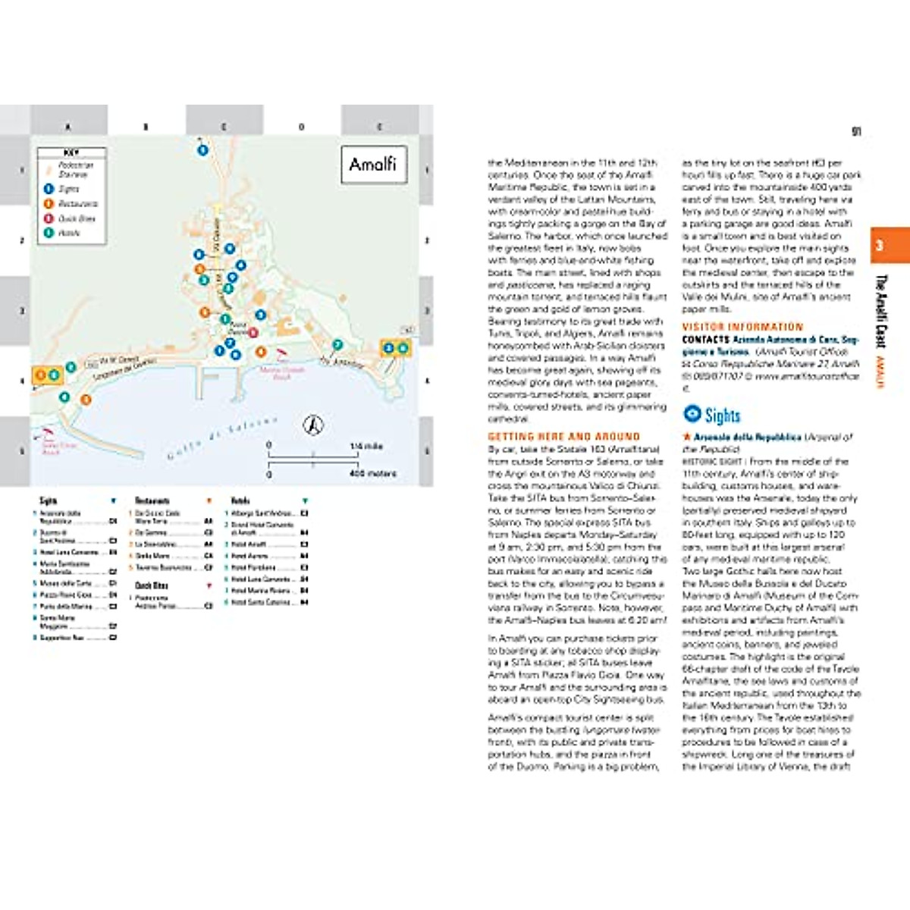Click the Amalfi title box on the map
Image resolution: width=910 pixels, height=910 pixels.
[373, 164]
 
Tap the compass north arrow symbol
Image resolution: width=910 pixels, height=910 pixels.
[313, 425]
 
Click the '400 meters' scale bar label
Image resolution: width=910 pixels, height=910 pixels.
[372, 474]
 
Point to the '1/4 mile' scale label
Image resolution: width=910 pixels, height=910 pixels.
[366, 447]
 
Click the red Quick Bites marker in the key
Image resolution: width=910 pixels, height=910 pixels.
[49, 218]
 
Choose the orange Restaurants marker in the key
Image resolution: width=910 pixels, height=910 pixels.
[49, 203]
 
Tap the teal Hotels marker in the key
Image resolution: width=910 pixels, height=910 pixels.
[49, 233]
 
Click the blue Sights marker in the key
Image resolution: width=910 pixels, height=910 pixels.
[49, 189]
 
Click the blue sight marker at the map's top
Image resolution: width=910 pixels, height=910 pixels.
[202, 150]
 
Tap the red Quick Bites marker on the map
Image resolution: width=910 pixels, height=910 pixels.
[253, 332]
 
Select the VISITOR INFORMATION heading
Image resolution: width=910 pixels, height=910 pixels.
[742, 327]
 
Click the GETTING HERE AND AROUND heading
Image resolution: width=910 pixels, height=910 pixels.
[563, 437]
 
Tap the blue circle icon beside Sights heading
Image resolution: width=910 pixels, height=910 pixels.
[692, 414]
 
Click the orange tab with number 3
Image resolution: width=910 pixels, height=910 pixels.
[890, 246]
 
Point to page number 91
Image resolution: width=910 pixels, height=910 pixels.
[856, 131]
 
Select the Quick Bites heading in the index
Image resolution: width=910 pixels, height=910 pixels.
[152, 585]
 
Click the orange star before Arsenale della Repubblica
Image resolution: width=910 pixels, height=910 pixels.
[686, 438]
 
